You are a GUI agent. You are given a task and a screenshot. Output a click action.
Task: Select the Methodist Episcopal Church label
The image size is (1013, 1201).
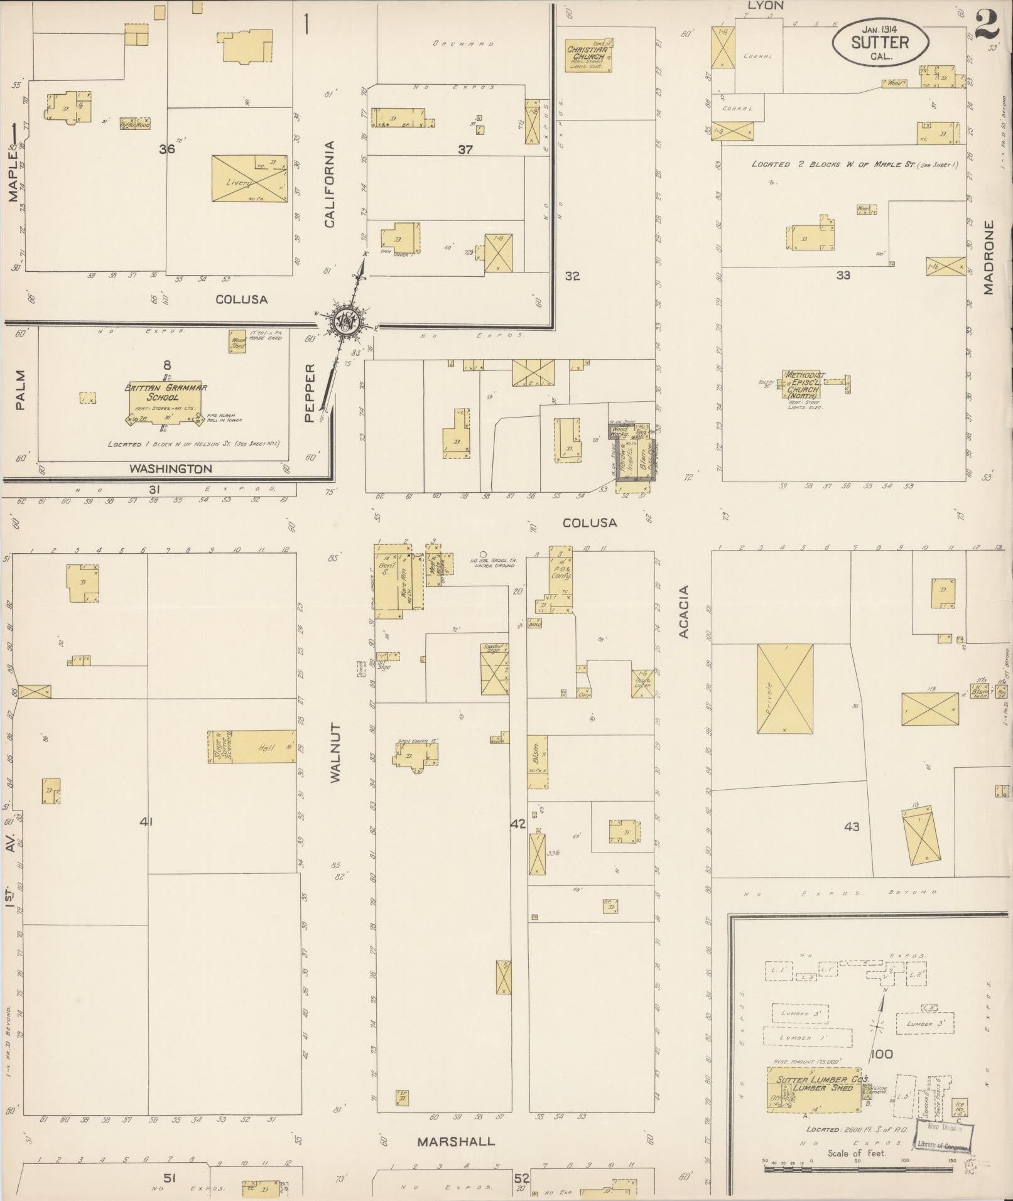pyautogui.click(x=803, y=385)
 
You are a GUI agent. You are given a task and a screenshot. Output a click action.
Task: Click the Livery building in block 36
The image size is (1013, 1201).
pyautogui.click(x=249, y=179)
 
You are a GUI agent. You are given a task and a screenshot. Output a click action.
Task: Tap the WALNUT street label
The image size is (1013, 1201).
pyautogui.click(x=334, y=753)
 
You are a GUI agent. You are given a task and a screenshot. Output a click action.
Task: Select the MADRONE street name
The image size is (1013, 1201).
pyautogui.click(x=989, y=257)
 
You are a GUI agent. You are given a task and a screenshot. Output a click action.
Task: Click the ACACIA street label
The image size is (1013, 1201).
pyautogui.click(x=684, y=611)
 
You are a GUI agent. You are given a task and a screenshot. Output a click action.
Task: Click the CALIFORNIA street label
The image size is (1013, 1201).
pyautogui.click(x=330, y=183)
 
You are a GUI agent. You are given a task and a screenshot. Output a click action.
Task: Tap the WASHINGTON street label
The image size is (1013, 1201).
pyautogui.click(x=171, y=468)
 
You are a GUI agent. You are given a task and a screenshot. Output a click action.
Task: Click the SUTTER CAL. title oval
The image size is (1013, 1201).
pyautogui.click(x=880, y=43)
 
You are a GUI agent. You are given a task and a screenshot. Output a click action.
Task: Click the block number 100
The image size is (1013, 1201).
pyautogui.click(x=882, y=1053)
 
